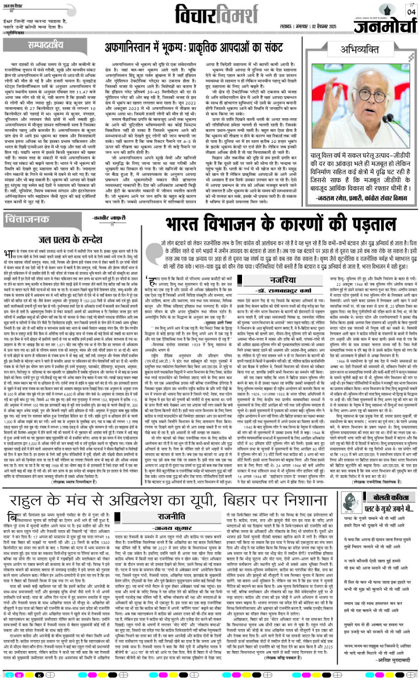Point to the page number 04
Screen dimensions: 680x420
tap(410, 11)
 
